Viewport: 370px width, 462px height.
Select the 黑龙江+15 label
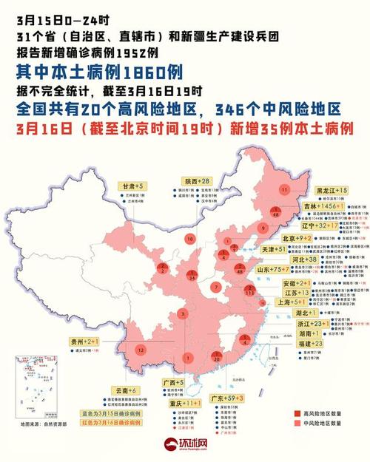(x=332, y=191)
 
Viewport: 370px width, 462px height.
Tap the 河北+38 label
(x=306, y=260)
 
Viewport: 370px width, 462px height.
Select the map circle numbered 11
(x=284, y=190)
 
